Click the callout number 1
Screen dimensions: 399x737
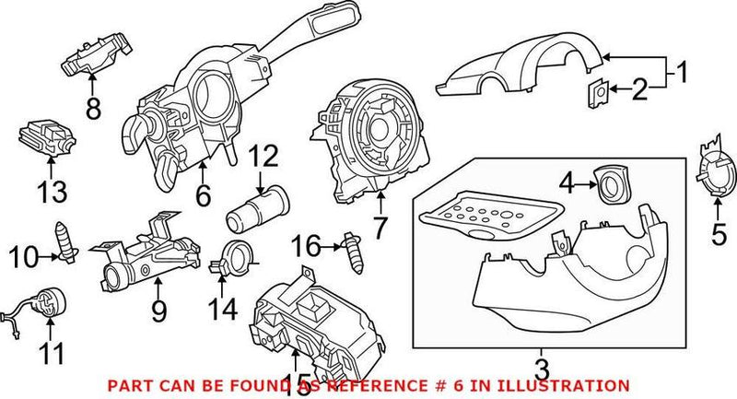(x=681, y=70)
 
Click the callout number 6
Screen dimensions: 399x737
(x=203, y=195)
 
